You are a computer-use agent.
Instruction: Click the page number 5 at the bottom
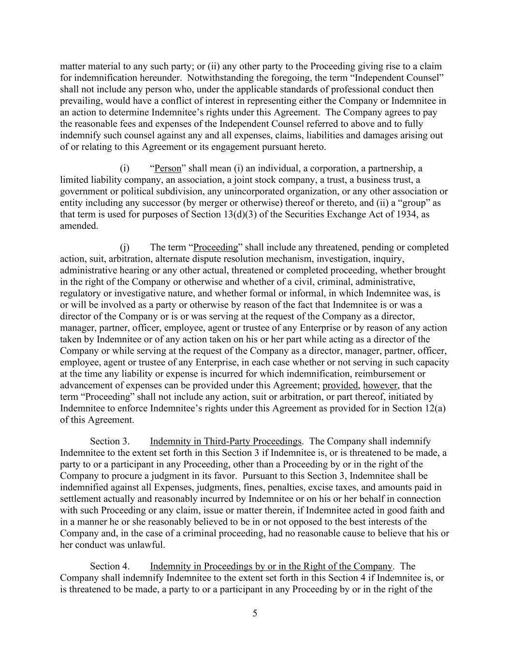(255, 614)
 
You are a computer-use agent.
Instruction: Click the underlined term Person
(167, 168)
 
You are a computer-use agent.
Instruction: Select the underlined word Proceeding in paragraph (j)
(216, 248)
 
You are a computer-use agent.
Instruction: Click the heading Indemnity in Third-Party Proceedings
(226, 441)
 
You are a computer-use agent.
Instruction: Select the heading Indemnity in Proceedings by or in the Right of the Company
(271, 566)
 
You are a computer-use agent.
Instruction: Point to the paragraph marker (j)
(124, 248)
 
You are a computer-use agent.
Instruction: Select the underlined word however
(380, 385)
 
